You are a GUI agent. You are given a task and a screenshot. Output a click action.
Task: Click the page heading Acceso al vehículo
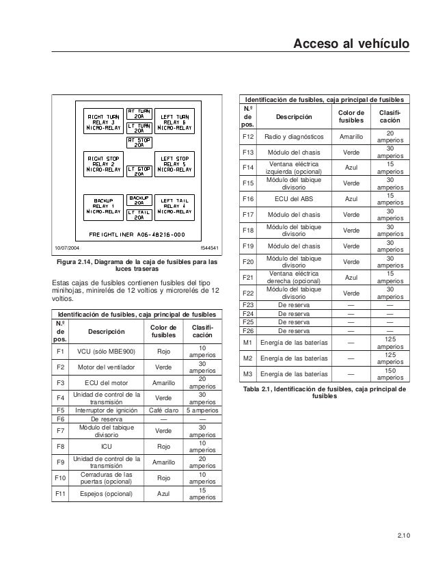coord(351,45)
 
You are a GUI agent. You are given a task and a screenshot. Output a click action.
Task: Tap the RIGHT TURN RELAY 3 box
coord(103,121)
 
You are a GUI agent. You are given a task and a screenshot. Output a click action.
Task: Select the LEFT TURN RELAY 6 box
coord(174,121)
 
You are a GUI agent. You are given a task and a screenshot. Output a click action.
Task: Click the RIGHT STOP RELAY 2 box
coord(103,164)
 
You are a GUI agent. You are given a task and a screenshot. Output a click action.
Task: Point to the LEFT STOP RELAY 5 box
coord(174,164)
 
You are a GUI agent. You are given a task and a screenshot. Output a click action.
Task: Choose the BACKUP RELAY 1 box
coord(103,206)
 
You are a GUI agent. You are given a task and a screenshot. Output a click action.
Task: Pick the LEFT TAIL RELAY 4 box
coord(174,206)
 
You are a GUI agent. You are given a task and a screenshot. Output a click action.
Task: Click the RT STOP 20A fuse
coord(139,142)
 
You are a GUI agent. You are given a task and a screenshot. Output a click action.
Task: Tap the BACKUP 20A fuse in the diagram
coord(139,199)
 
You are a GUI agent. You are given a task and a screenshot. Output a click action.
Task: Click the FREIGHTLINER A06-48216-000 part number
coord(139,233)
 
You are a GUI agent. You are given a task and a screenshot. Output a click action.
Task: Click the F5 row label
coord(61,410)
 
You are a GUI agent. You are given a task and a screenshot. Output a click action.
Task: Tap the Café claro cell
coord(164,410)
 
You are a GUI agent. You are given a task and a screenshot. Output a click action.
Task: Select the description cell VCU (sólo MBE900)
coord(106,352)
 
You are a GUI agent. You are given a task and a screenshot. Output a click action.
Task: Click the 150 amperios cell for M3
coord(390,373)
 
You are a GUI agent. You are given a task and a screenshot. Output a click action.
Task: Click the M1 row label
coord(248,342)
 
